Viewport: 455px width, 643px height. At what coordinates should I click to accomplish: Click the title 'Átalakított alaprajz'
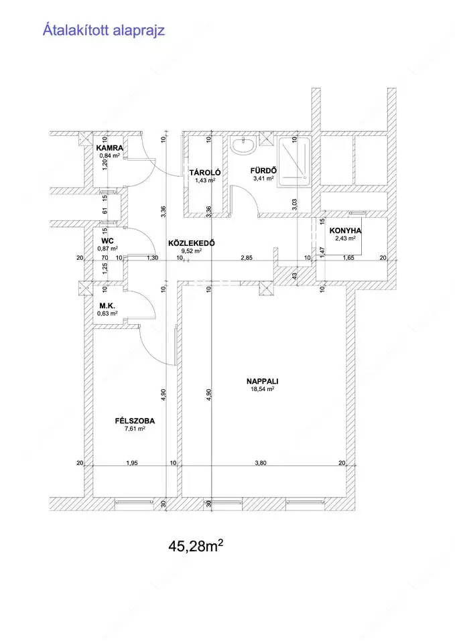(104, 30)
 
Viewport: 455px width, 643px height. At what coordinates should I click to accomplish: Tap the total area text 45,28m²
(196, 546)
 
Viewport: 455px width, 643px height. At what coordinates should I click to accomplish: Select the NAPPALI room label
(263, 381)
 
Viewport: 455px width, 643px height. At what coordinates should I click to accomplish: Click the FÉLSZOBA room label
(135, 421)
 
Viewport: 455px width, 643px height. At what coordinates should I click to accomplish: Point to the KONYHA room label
(346, 231)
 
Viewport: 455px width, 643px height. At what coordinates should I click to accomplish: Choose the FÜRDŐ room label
(263, 171)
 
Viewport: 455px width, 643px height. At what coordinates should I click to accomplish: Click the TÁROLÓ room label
(205, 173)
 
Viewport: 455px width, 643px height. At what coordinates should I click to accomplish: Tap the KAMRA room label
(109, 148)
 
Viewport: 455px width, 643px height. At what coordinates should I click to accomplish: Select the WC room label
(107, 241)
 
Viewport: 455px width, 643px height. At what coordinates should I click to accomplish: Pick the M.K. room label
(107, 306)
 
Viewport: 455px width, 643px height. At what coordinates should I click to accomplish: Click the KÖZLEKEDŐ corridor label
(192, 243)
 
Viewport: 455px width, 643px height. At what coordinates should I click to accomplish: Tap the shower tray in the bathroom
(294, 162)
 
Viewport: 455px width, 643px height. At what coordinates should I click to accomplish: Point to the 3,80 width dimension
(261, 463)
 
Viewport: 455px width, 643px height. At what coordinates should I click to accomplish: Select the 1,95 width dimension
(132, 463)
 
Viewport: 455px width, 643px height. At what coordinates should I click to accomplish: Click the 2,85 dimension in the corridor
(247, 258)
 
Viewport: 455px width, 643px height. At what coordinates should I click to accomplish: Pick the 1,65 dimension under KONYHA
(348, 258)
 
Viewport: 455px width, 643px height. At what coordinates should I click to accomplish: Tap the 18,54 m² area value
(263, 389)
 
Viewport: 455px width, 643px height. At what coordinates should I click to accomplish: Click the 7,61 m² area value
(135, 429)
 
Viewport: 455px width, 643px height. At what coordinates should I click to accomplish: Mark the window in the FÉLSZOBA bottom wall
(133, 502)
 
